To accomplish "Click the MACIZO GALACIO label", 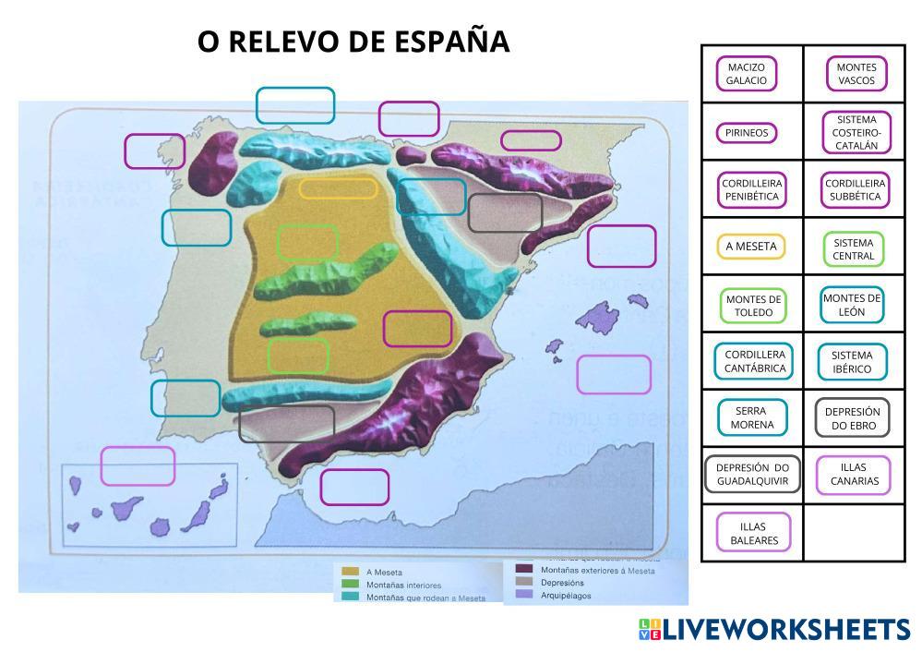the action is [x=747, y=74].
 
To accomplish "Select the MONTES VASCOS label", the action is [x=856, y=74].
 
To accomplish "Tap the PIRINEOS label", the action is [x=747, y=132].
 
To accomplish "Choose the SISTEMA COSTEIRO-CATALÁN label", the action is [x=856, y=132].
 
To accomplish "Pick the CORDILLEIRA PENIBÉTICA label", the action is [x=751, y=189].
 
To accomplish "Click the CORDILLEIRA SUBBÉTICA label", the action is [x=856, y=189].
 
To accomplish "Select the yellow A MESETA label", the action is [x=751, y=247].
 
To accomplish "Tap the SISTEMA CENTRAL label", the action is [x=853, y=249].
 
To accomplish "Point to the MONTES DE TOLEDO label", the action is [x=753, y=306].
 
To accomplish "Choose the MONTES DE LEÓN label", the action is [x=852, y=305].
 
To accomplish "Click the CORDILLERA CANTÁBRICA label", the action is [x=755, y=361].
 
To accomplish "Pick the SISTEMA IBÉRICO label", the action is [x=852, y=362].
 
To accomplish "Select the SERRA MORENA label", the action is [x=752, y=418].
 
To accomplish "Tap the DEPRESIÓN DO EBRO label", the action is [x=852, y=418].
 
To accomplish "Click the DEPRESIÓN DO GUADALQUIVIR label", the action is [x=752, y=475].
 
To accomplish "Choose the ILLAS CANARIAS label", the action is [x=854, y=475].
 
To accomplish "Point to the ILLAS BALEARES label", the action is [x=754, y=532].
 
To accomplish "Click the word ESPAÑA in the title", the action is [x=451, y=42].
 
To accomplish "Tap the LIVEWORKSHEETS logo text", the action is [x=785, y=630].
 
